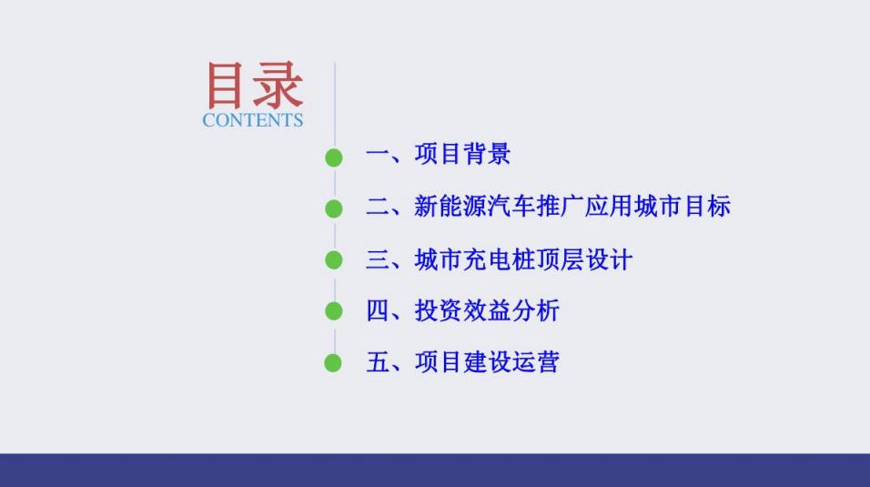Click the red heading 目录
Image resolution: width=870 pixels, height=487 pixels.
click(255, 85)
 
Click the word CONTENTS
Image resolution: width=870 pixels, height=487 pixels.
click(252, 120)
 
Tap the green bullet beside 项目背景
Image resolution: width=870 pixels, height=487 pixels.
click(333, 157)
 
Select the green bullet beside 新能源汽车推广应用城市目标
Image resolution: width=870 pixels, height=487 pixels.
click(333, 208)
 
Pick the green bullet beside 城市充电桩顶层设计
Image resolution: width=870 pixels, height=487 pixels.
click(333, 259)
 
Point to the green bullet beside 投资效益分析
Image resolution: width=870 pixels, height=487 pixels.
click(333, 311)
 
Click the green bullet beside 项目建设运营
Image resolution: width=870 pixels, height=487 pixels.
click(333, 363)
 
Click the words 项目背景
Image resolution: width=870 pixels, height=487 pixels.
click(462, 154)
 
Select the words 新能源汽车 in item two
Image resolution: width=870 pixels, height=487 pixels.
click(475, 206)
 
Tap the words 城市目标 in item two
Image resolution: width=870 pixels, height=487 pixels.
click(683, 206)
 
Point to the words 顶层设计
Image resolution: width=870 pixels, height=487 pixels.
click(584, 259)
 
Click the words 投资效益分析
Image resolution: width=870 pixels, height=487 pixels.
click(487, 310)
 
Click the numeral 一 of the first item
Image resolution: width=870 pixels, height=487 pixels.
click(378, 155)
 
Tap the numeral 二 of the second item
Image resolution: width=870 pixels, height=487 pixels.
click(378, 207)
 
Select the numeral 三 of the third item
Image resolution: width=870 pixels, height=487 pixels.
click(378, 259)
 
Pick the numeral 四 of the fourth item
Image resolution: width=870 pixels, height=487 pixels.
click(378, 310)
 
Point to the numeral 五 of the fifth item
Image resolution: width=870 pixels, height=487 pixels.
click(378, 362)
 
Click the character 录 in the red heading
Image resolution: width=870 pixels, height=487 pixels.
click(279, 85)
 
